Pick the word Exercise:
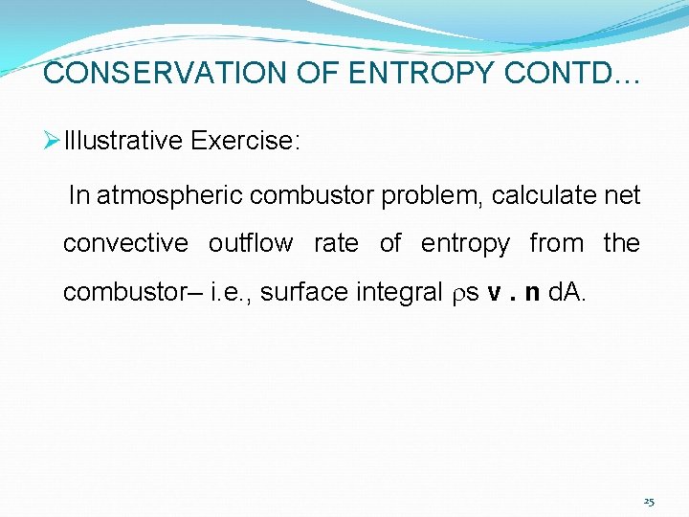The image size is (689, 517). [246, 142]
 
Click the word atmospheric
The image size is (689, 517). [169, 196]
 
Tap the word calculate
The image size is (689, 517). [543, 196]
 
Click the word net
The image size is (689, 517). [621, 196]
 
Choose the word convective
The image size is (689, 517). [125, 244]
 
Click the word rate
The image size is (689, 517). [336, 244]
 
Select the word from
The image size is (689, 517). [556, 244]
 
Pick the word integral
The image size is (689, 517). [395, 292]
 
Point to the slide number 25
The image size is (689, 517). [649, 502]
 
